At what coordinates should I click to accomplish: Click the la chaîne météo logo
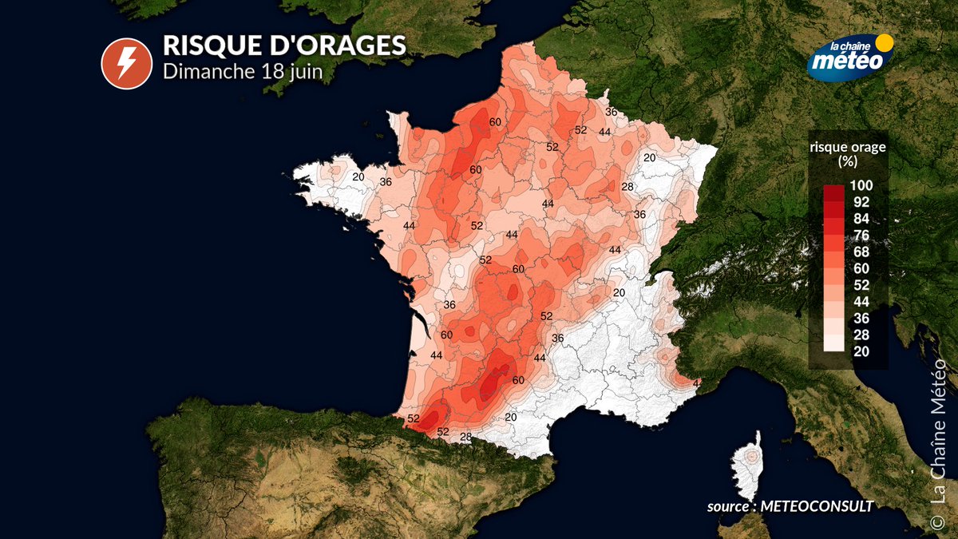tap(848, 57)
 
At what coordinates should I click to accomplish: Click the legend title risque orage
tap(847, 147)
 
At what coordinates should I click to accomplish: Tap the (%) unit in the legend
tap(847, 161)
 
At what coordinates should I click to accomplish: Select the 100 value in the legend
tap(861, 185)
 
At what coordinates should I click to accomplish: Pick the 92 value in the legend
tap(861, 202)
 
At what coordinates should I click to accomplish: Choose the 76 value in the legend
tap(861, 235)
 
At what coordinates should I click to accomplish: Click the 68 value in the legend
tap(861, 252)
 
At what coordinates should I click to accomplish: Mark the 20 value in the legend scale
tap(861, 351)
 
